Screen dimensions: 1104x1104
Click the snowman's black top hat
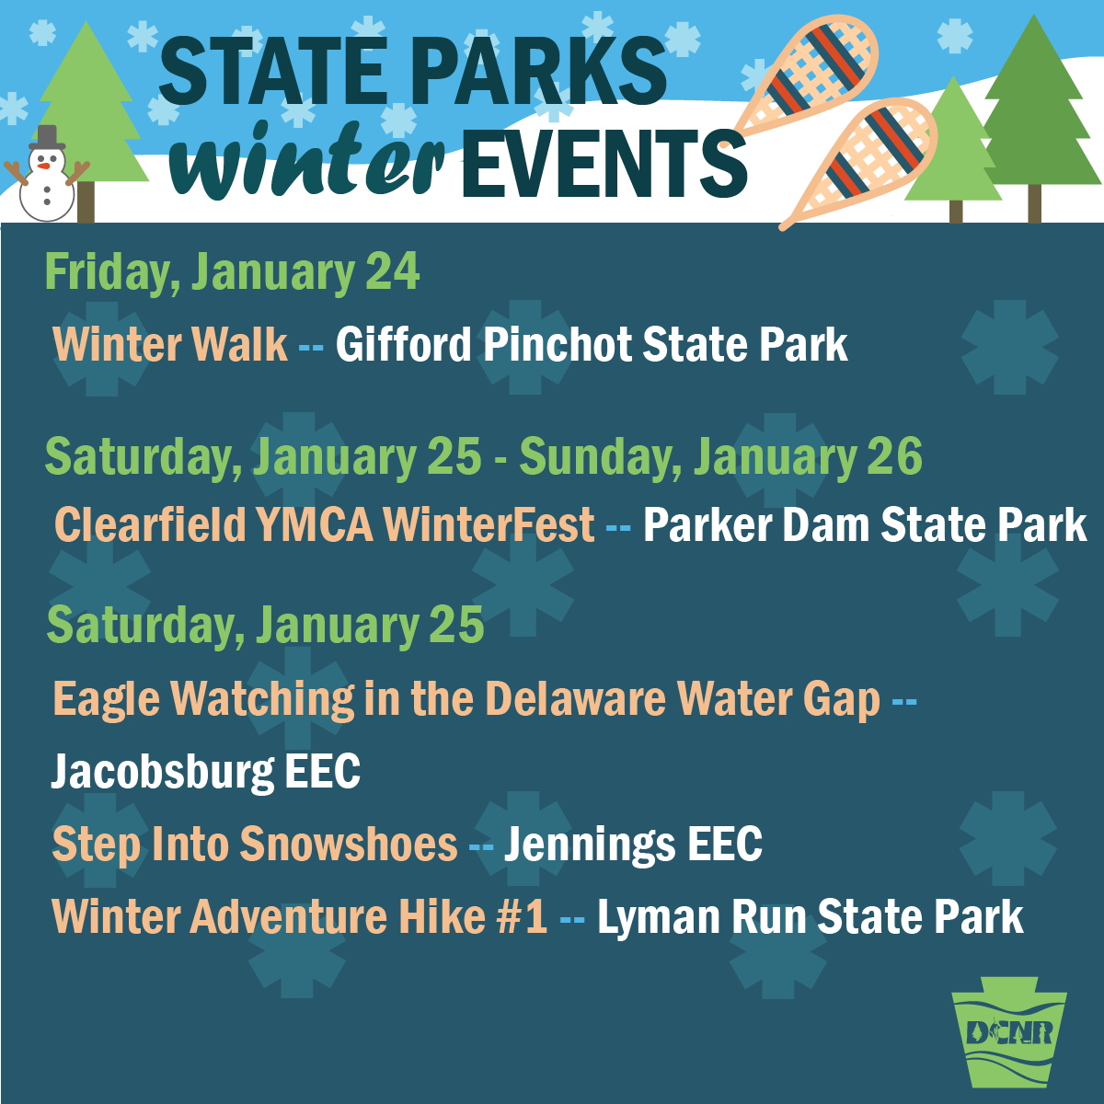[47, 137]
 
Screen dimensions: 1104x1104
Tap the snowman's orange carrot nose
[43, 167]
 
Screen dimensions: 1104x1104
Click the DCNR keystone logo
[1009, 1032]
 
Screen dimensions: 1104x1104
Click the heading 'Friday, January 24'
[232, 273]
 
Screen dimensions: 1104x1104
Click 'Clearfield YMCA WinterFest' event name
[324, 524]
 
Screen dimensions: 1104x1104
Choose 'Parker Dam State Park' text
[865, 524]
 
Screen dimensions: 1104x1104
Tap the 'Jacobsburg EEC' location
[206, 772]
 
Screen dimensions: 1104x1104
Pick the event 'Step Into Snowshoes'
[255, 844]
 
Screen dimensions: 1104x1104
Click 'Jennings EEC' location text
[633, 844]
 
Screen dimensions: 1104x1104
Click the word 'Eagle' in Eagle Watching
[106, 700]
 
